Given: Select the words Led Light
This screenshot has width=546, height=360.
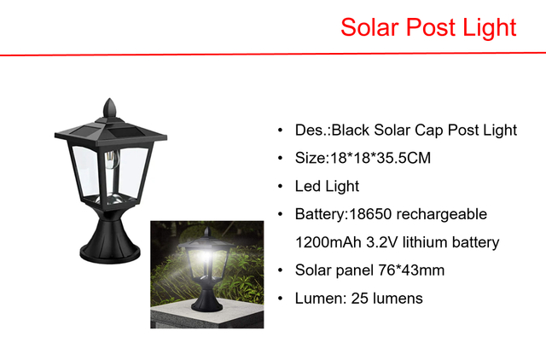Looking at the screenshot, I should tap(328, 186).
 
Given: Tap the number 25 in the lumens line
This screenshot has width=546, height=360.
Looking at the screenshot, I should tap(358, 299).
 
